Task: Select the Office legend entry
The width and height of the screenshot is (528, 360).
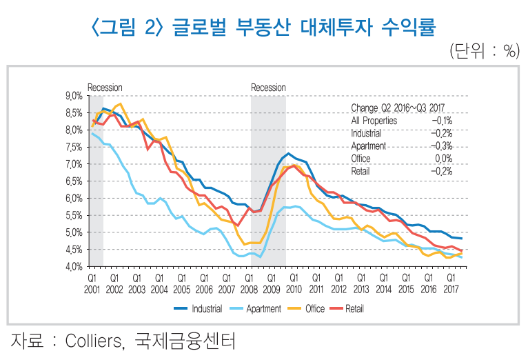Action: tap(314, 309)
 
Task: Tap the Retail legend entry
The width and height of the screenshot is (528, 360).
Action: tap(354, 309)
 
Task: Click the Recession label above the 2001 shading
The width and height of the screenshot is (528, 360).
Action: tap(105, 88)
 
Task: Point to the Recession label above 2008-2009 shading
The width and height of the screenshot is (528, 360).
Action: tap(268, 88)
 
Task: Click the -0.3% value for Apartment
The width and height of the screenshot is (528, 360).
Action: tap(441, 146)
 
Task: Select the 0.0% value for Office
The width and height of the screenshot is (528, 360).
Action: tap(443, 158)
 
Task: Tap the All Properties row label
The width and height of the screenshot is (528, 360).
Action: tap(374, 121)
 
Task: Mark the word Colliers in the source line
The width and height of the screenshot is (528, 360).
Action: tap(95, 341)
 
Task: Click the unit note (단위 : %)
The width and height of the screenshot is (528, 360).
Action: tap(484, 50)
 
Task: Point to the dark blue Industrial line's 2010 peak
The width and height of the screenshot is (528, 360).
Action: tap(288, 153)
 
